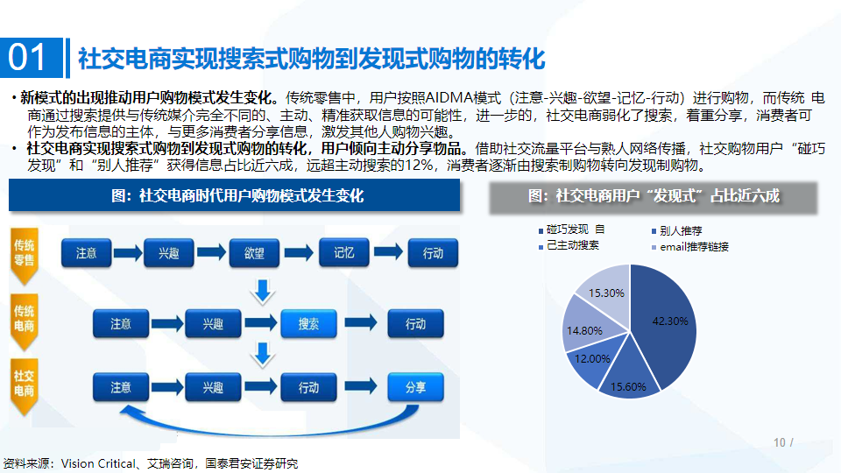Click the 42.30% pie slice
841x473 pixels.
665,321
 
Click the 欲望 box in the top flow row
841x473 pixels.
254,253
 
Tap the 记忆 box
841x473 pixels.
343,252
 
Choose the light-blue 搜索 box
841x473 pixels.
308,324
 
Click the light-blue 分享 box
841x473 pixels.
415,387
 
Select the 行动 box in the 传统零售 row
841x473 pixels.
433,253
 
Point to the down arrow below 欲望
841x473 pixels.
263,292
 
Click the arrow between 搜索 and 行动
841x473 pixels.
361,323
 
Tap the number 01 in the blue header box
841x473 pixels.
27,58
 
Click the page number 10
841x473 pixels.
780,442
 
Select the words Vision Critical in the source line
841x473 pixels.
98,463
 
